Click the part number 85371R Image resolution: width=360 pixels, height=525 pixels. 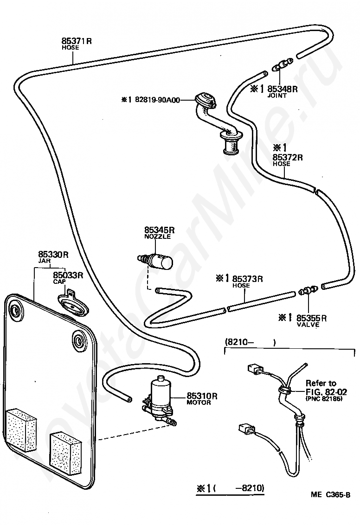[77, 41]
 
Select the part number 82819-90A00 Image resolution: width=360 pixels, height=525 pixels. [157, 100]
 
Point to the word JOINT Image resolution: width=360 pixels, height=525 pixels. [277, 96]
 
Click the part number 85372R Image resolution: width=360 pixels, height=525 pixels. [288, 157]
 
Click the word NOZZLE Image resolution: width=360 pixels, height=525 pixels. [158, 237]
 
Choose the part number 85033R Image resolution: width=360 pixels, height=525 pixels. [68, 275]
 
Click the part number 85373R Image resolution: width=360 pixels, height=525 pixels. [247, 279]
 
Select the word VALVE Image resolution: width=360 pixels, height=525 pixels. [308, 325]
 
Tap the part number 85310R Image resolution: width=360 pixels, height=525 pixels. [202, 396]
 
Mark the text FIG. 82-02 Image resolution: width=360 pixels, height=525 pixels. [326, 392]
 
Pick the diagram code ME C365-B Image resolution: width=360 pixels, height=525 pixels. [330, 495]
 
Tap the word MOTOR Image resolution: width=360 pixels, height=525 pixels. [199, 403]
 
